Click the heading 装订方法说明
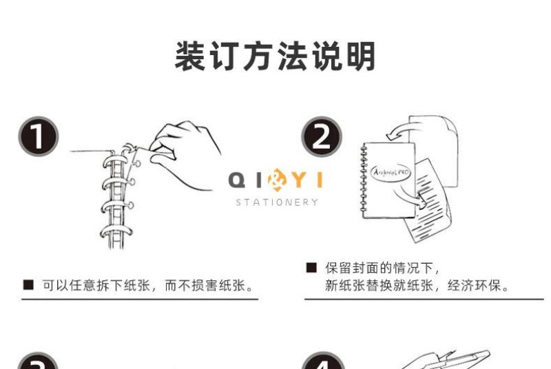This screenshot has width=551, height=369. [x=275, y=56]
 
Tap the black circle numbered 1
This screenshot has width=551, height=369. [x=39, y=136]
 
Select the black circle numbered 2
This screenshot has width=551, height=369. [x=322, y=136]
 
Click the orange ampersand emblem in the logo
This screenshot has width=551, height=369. [x=277, y=180]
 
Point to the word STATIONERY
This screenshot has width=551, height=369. [x=277, y=202]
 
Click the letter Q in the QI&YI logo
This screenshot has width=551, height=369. [x=237, y=180]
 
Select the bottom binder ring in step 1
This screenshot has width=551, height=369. [x=116, y=232]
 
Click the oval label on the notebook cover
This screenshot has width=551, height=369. [x=391, y=173]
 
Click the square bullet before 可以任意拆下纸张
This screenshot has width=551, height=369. [x=28, y=285]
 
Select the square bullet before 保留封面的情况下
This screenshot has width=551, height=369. [x=311, y=268]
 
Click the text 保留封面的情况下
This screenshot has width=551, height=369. [x=379, y=268]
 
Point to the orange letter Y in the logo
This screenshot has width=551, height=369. [x=300, y=180]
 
